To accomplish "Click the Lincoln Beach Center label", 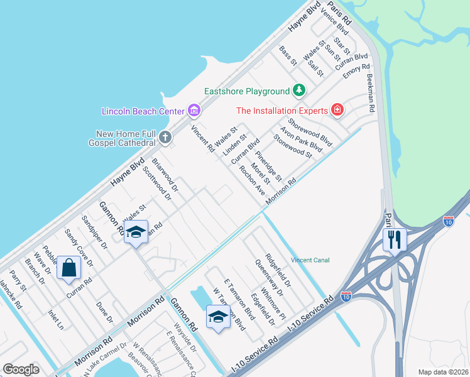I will click(144, 111).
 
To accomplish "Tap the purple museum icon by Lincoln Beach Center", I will click(194, 111).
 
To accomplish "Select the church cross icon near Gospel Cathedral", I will click(165, 136).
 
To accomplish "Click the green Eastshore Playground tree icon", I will click(300, 91).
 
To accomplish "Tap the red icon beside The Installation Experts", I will click(337, 110).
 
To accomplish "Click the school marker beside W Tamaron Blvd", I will click(217, 316).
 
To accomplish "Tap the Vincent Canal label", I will click(310, 260).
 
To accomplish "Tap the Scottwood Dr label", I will click(157, 182).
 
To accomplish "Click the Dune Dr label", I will click(104, 312).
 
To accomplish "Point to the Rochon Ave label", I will click(251, 180).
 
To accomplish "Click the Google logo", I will click(21, 369).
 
